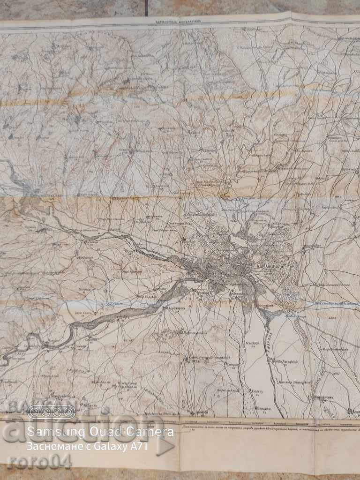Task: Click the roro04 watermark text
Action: click(39, 462)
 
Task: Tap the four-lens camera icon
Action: click(51, 412)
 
